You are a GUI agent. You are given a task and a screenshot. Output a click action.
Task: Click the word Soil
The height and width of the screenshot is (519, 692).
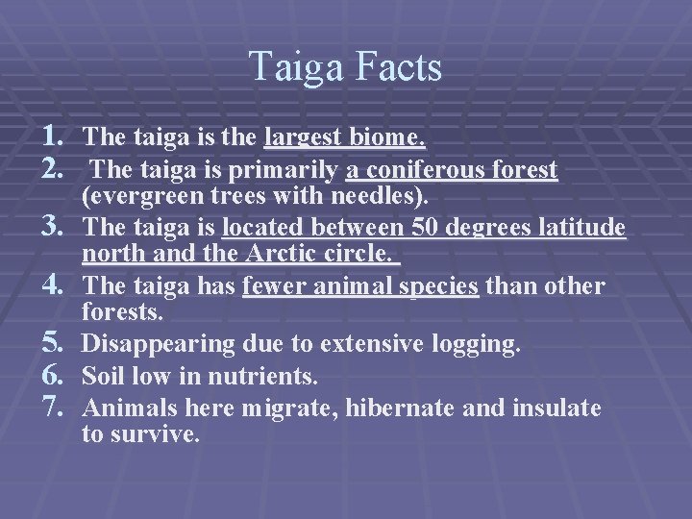[103, 376]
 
